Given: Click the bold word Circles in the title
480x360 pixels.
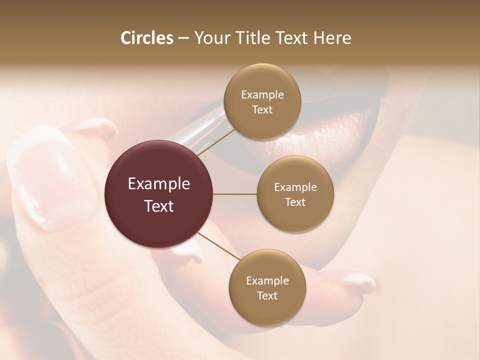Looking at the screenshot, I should click(x=147, y=38).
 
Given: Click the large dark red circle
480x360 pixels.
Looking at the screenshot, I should click(x=159, y=194).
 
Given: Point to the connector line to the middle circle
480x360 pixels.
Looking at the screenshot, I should click(x=235, y=194).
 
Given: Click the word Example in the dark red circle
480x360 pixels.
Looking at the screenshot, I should click(x=159, y=184).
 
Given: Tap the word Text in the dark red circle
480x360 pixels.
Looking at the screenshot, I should click(x=159, y=206).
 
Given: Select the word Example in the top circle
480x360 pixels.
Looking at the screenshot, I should click(x=262, y=95).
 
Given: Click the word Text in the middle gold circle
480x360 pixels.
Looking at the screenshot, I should click(x=295, y=202).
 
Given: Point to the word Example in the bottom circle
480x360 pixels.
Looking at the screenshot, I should click(x=267, y=281).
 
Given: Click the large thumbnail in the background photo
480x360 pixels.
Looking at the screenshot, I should click(x=52, y=185).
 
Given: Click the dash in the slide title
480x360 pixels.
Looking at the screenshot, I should click(x=183, y=38).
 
